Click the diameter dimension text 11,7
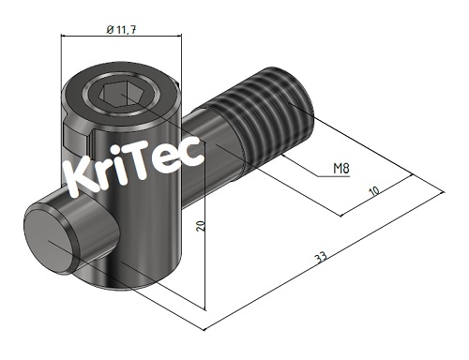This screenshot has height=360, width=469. (126, 29)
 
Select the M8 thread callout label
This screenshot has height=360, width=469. (343, 169)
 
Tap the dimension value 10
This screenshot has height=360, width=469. (374, 191)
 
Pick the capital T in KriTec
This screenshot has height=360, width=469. (144, 166)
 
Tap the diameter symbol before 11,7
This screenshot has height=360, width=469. (111, 29)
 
